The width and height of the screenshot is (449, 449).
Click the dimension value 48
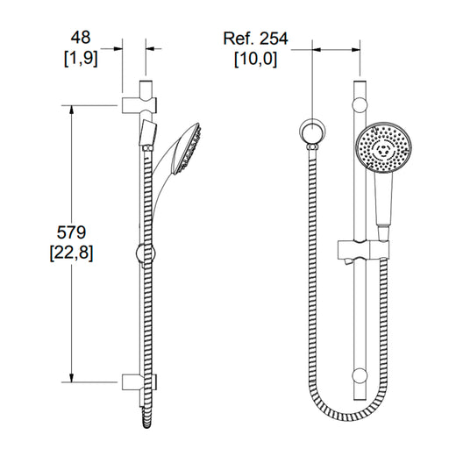[81, 38]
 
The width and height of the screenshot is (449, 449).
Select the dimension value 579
[71, 232]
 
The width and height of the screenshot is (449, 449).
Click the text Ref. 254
[255, 39]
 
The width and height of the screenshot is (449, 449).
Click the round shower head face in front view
[383, 147]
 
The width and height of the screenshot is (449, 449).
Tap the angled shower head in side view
[186, 150]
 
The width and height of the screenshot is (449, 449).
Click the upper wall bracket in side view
[139, 104]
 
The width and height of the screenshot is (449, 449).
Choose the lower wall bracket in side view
[139, 381]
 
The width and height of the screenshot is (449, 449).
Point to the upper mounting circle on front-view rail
[360, 105]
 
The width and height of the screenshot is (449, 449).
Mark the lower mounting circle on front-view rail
[360, 376]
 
